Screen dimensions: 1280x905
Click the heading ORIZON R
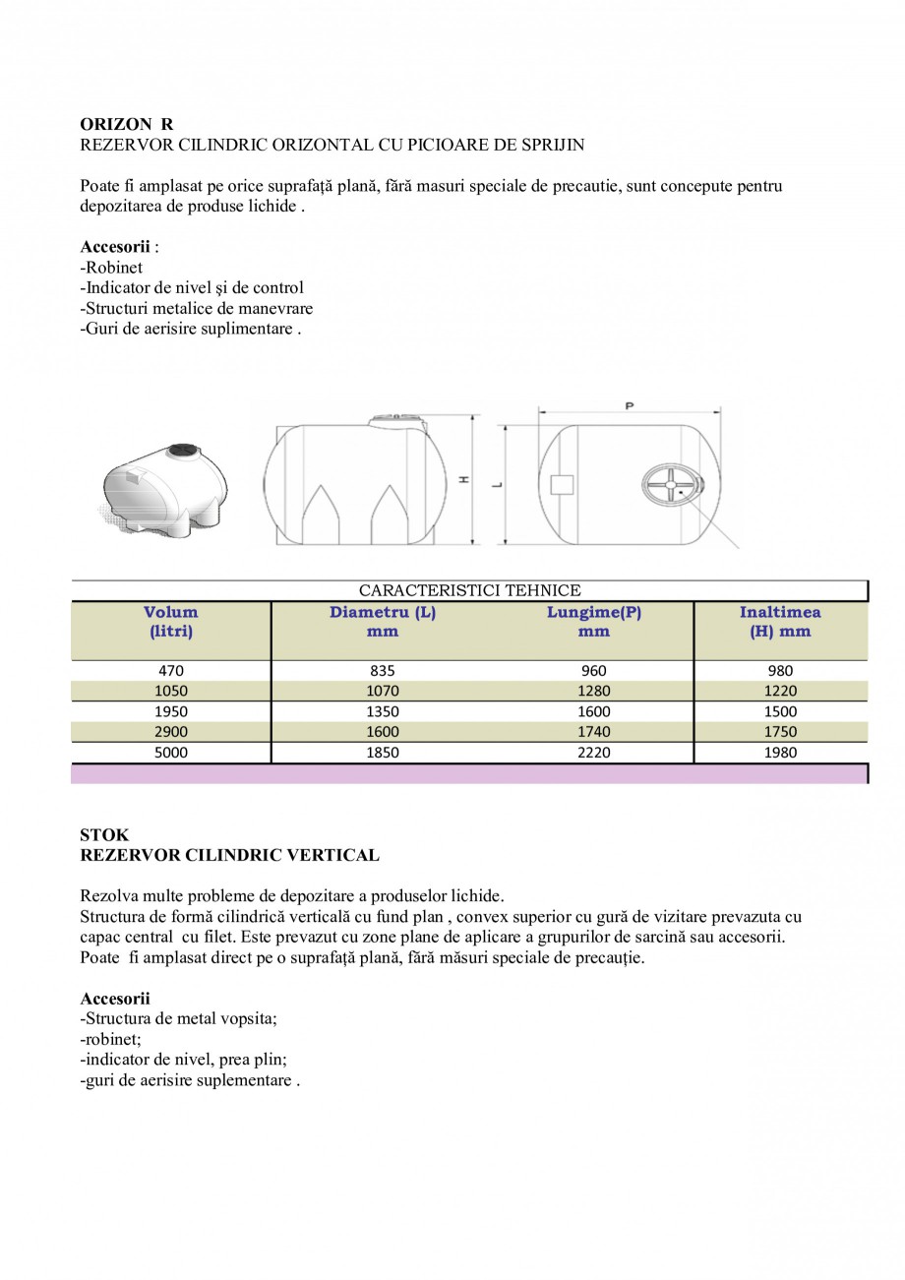tap(126, 124)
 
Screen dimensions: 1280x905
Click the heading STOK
tap(103, 835)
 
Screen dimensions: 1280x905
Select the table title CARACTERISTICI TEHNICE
tap(469, 591)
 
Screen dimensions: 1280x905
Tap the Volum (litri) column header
tap(170, 622)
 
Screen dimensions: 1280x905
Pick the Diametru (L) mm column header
tap(383, 622)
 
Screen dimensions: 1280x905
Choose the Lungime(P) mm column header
tap(594, 622)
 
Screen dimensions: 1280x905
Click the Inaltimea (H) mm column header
tap(780, 622)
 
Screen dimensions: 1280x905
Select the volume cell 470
tap(171, 671)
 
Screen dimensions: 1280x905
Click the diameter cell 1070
tap(383, 692)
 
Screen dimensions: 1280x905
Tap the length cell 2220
tap(594, 753)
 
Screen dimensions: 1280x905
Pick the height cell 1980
tap(780, 753)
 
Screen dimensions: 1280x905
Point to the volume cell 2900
tap(171, 732)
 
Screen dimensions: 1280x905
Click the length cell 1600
tap(594, 711)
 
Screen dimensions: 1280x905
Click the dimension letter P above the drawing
tap(630, 405)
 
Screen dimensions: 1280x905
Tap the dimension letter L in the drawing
tap(499, 484)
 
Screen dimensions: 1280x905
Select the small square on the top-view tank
tap(562, 484)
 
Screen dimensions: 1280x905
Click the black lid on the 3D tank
tap(181, 452)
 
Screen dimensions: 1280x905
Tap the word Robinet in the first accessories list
tap(113, 268)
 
